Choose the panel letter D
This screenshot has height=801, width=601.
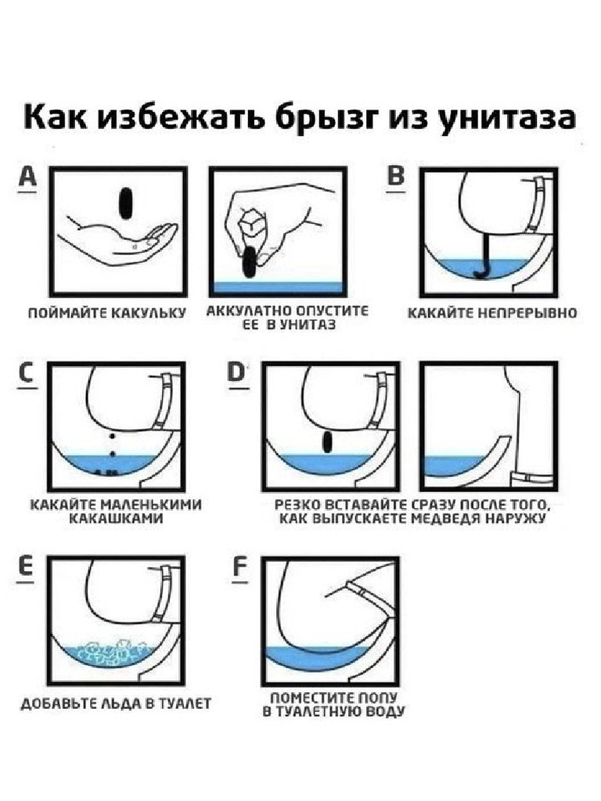[x=237, y=374]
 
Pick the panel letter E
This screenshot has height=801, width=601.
[x=26, y=569]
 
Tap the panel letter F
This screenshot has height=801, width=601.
[x=239, y=569]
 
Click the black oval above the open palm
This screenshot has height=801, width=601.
[x=124, y=207]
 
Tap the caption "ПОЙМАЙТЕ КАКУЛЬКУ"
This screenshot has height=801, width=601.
[x=106, y=314]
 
